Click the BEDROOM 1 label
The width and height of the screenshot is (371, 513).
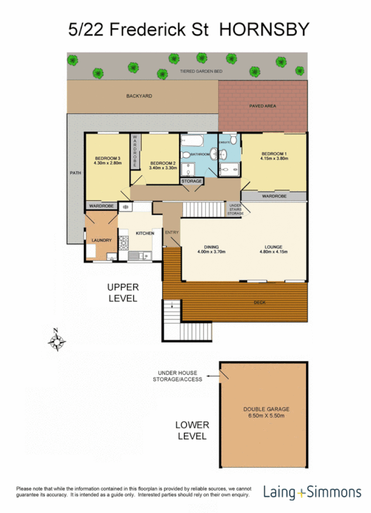(274, 153)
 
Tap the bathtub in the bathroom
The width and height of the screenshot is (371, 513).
(192, 142)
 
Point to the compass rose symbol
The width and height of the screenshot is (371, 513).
(57, 341)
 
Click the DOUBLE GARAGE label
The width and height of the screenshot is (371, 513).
(266, 409)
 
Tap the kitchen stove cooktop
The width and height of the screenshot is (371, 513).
(124, 243)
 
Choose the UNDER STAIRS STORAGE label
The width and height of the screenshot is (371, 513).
(235, 208)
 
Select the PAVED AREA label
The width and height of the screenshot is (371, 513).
(262, 106)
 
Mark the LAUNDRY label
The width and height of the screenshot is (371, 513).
(101, 240)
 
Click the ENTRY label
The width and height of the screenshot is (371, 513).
(172, 233)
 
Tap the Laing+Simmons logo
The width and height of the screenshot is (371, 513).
(312, 492)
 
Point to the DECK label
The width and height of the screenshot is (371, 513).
(259, 302)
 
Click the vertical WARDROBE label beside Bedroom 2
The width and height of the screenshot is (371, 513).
(134, 150)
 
